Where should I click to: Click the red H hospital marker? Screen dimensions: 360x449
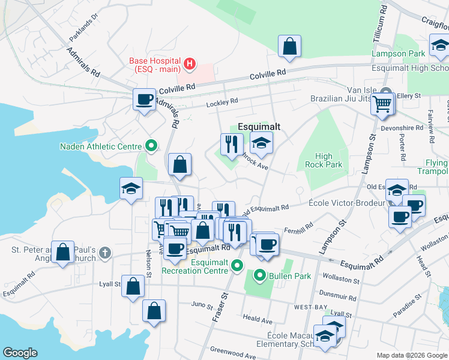click(x=190, y=62)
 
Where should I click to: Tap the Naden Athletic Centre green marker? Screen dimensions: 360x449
click(x=151, y=146)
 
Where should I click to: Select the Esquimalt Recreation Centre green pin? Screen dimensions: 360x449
click(x=238, y=265)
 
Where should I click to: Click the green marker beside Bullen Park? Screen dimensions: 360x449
click(x=260, y=276)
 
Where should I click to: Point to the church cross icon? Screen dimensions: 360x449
click(x=105, y=253)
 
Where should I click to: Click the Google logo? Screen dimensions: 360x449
click(x=20, y=353)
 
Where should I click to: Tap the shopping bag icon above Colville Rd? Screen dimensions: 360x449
click(x=289, y=47)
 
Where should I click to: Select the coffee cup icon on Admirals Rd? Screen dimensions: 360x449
click(x=144, y=99)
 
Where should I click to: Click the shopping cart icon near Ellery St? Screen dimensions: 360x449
click(x=382, y=104)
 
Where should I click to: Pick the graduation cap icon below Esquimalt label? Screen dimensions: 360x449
click(x=261, y=143)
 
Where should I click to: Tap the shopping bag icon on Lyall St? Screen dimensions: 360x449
click(x=133, y=286)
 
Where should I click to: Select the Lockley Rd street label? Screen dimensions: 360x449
click(x=222, y=102)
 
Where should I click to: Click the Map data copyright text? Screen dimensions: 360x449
click(x=411, y=355)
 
